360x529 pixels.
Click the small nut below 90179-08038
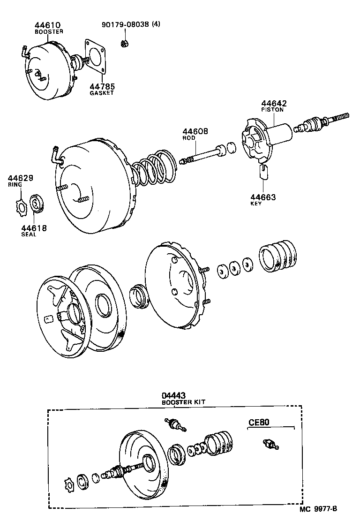pos(125,44)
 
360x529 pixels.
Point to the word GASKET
pos(102,93)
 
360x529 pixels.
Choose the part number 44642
pos(274,103)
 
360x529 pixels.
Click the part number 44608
pos(195,132)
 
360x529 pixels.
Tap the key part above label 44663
pos(263,172)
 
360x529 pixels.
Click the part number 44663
pos(262,197)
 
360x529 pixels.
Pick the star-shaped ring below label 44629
pos(21,205)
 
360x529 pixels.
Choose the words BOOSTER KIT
pos(183,402)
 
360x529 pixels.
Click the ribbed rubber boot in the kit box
pos(219,441)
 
